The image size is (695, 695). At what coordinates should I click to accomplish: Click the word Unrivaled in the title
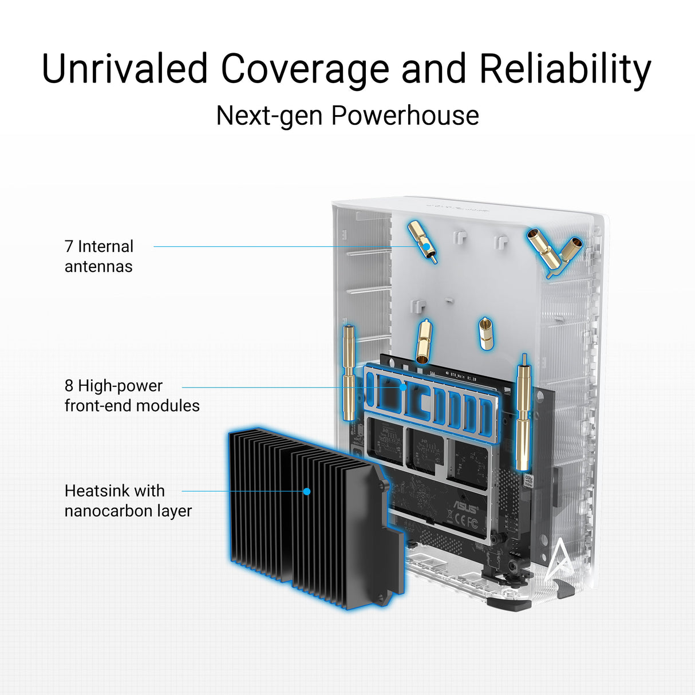click(x=125, y=68)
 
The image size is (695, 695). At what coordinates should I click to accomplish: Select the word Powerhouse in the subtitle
click(x=405, y=116)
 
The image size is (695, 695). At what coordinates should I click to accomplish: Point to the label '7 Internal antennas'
click(x=99, y=256)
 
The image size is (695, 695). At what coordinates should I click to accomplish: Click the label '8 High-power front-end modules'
click(x=132, y=396)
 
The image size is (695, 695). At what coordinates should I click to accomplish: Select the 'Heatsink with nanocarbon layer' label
click(x=128, y=500)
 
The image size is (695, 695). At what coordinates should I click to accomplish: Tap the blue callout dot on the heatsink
click(x=307, y=491)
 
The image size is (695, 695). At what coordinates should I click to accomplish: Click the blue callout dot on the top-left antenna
click(x=427, y=247)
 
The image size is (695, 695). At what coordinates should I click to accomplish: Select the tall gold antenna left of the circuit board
click(x=349, y=373)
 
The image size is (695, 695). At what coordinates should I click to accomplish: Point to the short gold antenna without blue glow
click(x=486, y=333)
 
